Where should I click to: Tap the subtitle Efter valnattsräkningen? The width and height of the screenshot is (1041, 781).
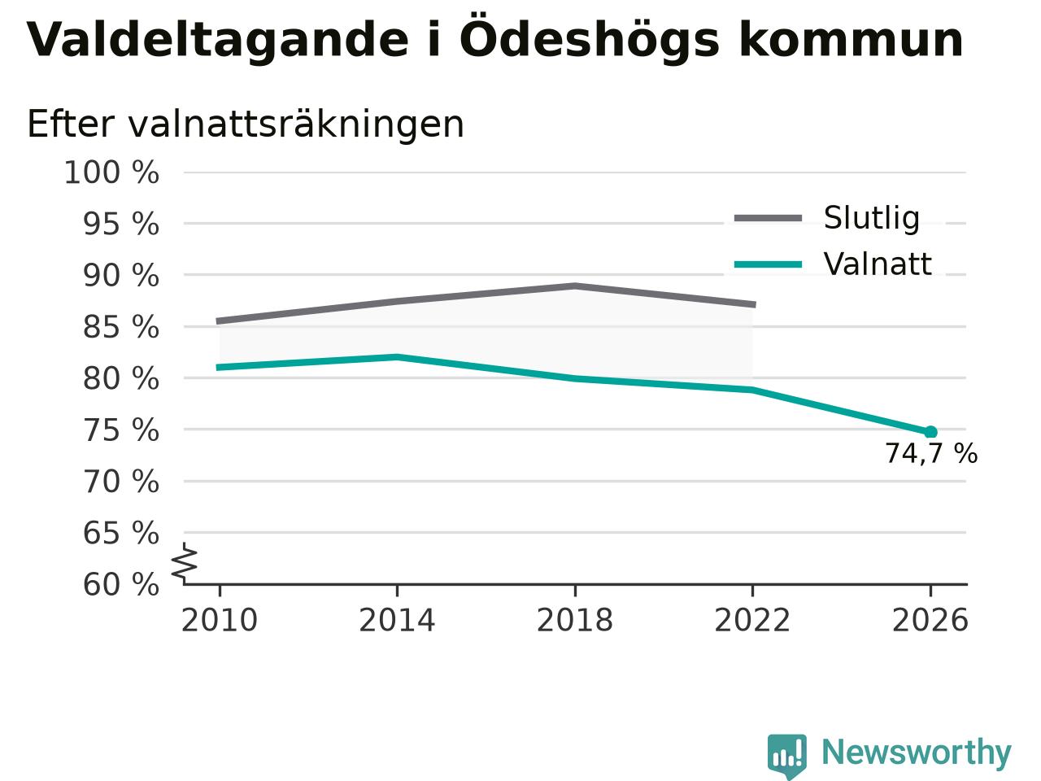tap(246, 124)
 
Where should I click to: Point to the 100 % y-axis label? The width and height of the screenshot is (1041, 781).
tap(111, 172)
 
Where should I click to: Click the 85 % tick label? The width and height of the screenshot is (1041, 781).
tap(121, 327)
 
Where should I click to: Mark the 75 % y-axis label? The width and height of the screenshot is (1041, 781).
tap(121, 430)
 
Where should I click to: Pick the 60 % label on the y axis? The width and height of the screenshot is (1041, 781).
tap(121, 584)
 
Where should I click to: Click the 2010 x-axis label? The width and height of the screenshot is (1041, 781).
tap(219, 620)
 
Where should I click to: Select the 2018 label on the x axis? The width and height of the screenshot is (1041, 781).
tap(575, 620)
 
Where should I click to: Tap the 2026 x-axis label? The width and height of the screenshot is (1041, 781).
tap(930, 620)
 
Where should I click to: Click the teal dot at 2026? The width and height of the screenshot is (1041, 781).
tap(930, 431)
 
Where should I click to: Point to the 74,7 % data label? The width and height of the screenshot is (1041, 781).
tap(931, 453)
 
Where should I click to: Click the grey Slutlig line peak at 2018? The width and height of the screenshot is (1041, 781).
tap(575, 286)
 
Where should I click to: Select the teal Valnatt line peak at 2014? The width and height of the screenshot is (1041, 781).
tap(398, 356)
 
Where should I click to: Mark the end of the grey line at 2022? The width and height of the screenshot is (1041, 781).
tap(755, 304)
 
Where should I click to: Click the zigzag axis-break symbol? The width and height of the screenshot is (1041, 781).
tap(184, 563)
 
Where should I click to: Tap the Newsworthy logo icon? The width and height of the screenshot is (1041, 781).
tap(787, 755)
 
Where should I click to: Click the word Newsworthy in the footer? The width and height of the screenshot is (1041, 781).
tap(917, 753)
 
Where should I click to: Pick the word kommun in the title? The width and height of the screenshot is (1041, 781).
tap(851, 41)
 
